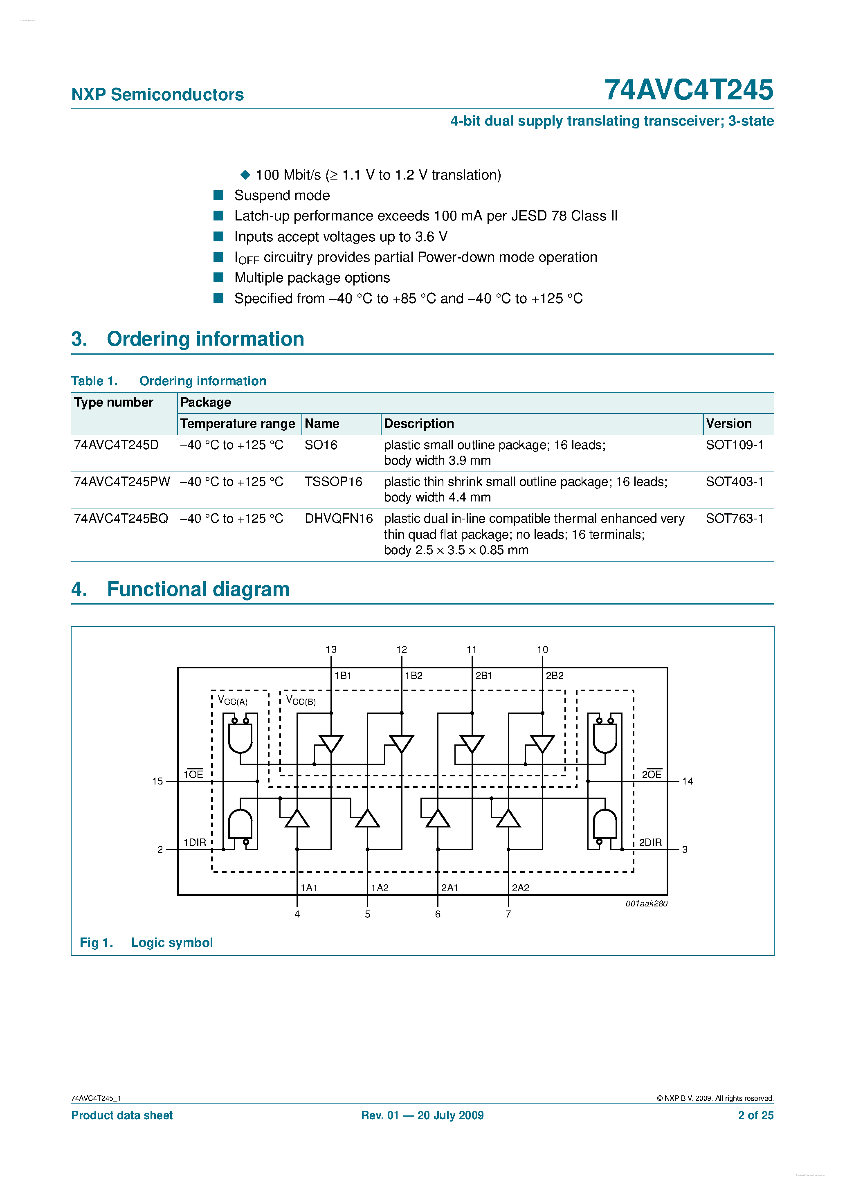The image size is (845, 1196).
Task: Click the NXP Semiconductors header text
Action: [x=157, y=94]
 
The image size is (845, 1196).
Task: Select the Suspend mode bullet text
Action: [x=282, y=196]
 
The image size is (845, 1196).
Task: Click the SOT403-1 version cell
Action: [x=734, y=482]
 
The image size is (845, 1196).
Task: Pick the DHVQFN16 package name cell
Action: [x=339, y=519]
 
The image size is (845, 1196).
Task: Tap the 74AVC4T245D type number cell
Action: [x=116, y=445]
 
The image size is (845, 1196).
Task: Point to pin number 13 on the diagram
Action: [x=331, y=650]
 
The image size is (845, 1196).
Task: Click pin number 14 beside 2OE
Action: [x=687, y=781]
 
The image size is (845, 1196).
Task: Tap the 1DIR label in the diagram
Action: [x=195, y=842]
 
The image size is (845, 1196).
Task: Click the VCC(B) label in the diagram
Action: [x=301, y=701]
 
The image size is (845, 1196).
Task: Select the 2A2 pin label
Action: [x=520, y=888]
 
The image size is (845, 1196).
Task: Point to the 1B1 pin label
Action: [x=343, y=676]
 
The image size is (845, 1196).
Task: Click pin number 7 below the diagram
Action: [x=508, y=914]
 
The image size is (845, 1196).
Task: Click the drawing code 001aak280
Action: [x=646, y=904]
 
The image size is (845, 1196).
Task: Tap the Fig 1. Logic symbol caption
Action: [x=146, y=942]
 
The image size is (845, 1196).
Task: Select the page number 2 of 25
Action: [x=755, y=1115]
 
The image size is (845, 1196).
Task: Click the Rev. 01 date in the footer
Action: [x=422, y=1115]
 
